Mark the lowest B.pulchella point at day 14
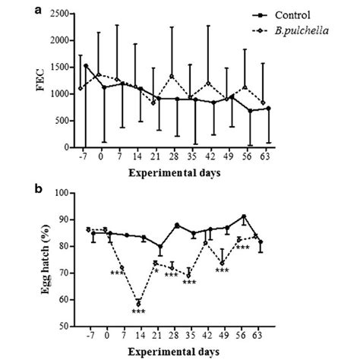click(x=138, y=303)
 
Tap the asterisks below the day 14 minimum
click(x=138, y=311)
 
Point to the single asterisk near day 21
click(x=156, y=270)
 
